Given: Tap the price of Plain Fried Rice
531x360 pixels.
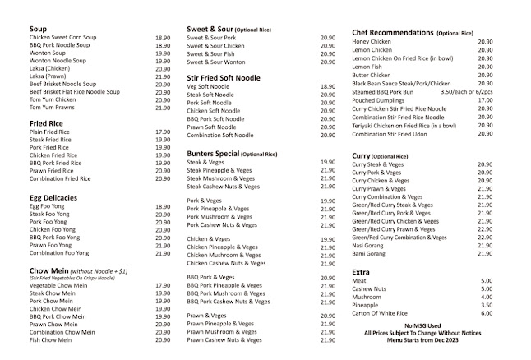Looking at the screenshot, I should tap(162, 132).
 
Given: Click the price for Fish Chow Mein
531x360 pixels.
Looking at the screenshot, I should tap(162, 339).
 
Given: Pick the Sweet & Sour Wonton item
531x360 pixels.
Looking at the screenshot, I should tap(216, 62).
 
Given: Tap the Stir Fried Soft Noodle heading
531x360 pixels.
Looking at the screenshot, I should tap(224, 77).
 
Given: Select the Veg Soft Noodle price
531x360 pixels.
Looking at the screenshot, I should tap(327, 85).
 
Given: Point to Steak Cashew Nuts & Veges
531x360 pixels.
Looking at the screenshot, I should tap(226, 186).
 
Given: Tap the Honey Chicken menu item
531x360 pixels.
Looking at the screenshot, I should tap(371, 41).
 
